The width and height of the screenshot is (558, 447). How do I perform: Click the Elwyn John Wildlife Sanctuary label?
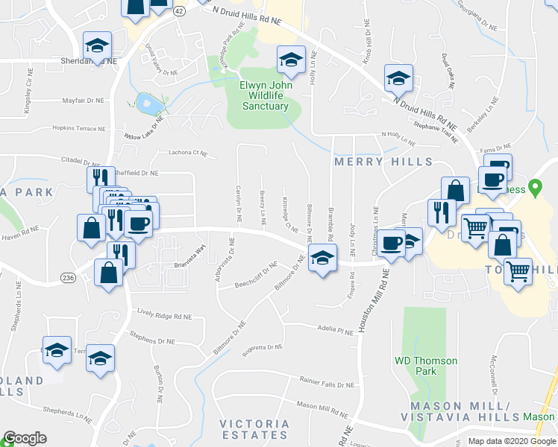(264, 95)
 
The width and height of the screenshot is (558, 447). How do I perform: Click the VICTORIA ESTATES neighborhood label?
(254, 429)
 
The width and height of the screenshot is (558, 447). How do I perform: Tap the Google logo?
(25, 438)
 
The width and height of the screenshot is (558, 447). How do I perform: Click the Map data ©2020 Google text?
(512, 440)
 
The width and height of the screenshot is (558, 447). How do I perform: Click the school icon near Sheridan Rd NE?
(97, 45)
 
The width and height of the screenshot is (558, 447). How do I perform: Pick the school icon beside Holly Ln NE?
(291, 60)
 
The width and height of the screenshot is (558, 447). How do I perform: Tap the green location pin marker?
(534, 187)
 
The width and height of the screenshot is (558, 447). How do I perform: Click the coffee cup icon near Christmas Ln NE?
(389, 242)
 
